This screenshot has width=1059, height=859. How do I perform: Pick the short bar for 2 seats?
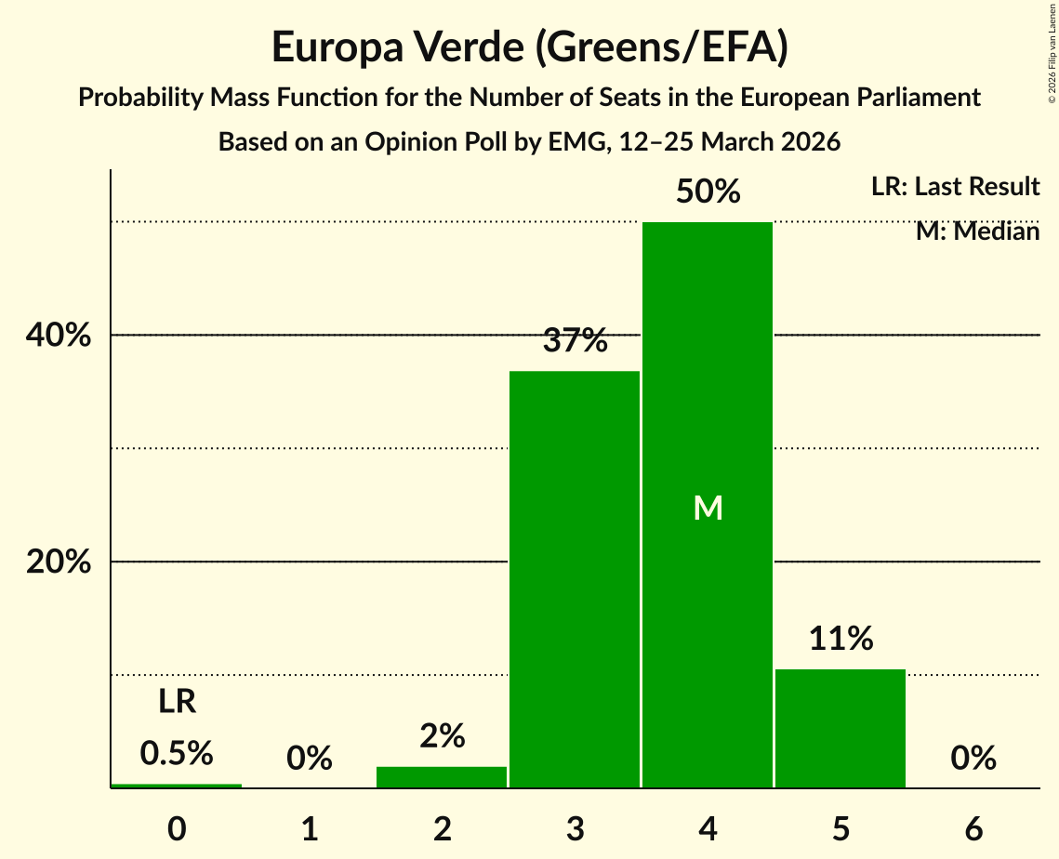click(x=442, y=777)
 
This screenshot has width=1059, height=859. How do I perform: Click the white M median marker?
click(x=708, y=508)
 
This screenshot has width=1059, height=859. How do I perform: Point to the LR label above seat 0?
click(x=177, y=702)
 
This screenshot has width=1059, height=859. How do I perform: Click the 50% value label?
click(x=708, y=192)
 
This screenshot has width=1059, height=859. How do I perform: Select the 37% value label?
click(x=575, y=341)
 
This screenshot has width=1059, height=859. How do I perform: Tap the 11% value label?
click(x=841, y=639)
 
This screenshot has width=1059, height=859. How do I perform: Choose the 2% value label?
click(x=442, y=736)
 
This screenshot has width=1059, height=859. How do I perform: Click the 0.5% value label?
click(x=177, y=753)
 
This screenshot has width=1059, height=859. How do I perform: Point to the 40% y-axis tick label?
click(x=59, y=336)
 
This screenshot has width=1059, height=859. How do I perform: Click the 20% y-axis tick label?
click(x=59, y=562)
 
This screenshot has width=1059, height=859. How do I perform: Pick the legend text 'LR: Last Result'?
click(x=955, y=187)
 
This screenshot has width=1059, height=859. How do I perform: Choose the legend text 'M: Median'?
click(x=977, y=231)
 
